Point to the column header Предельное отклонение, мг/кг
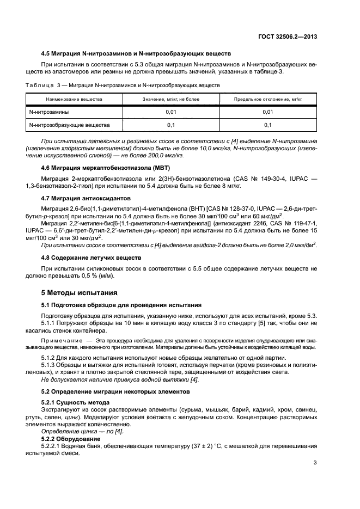pyautogui.click(x=267, y=99)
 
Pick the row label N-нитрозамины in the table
pyautogui.click(x=49, y=112)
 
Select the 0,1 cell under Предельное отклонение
pyautogui.click(x=267, y=125)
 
